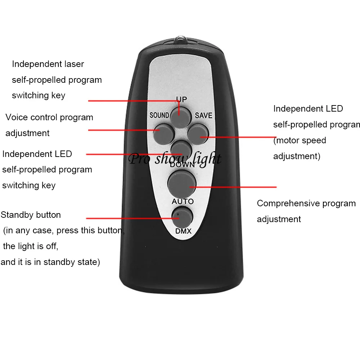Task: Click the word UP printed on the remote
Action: (x=181, y=99)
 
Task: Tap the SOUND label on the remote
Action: (x=159, y=115)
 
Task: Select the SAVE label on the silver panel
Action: (x=203, y=115)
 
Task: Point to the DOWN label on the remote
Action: (x=182, y=165)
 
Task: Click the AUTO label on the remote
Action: (x=183, y=201)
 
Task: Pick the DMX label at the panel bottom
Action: (x=183, y=231)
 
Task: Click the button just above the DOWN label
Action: (x=181, y=148)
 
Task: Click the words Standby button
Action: (x=31, y=215)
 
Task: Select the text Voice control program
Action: (x=49, y=117)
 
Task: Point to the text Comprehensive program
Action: (x=306, y=203)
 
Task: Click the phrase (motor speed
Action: (x=300, y=140)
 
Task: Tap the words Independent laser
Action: (x=48, y=64)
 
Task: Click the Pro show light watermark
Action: (x=175, y=158)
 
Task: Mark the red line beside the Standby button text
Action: (x=130, y=218)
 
